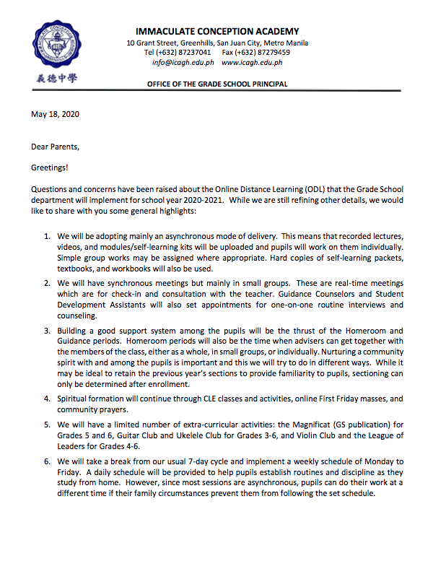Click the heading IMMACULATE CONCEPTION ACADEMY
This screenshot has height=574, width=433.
click(x=216, y=32)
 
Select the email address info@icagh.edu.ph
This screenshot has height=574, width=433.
click(x=180, y=62)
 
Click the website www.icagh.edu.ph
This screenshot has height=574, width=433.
click(x=252, y=62)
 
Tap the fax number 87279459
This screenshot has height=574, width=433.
click(x=271, y=53)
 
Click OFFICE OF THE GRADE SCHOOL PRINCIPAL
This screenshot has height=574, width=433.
click(x=216, y=84)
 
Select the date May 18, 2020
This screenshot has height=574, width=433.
click(x=55, y=114)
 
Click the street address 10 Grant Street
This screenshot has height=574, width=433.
click(x=150, y=43)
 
